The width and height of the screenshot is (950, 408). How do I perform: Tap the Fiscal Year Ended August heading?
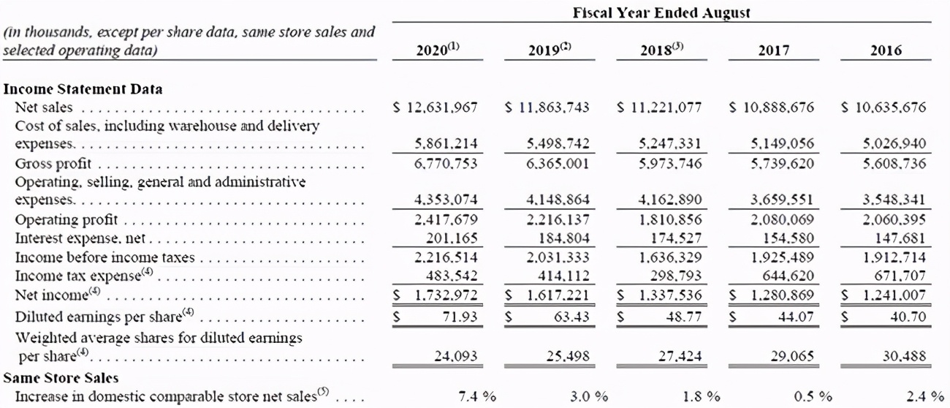pos(662,12)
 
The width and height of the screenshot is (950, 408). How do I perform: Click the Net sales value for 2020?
pos(436,107)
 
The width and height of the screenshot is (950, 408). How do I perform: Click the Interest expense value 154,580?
pos(784,238)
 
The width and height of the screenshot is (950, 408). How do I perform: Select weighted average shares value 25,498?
pos(568,356)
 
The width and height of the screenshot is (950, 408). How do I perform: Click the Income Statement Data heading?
pos(83,89)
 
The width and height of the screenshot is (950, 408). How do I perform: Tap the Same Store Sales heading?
pos(61,378)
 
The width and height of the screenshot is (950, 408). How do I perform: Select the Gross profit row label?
pos(50,163)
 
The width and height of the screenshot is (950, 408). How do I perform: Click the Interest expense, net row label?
pos(81,238)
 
